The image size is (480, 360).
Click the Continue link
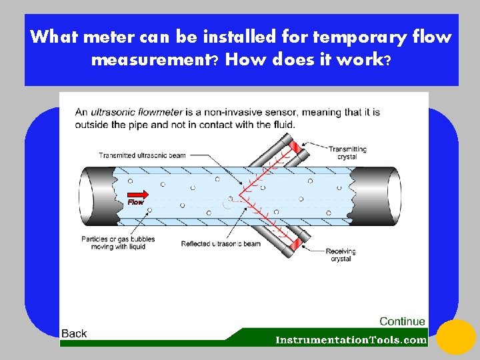point(402,321)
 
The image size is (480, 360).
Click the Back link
point(74,333)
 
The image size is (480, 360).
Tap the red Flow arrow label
point(135,201)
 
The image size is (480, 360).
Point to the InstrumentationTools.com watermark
point(351,340)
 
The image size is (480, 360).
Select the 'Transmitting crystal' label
point(347,153)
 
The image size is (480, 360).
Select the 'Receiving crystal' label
point(341,255)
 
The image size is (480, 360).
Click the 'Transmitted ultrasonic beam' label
point(142,155)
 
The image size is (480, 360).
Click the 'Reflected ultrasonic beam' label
point(221,244)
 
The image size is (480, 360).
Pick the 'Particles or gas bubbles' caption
point(118,243)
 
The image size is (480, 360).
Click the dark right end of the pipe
point(377,197)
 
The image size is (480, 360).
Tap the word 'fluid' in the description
point(281,124)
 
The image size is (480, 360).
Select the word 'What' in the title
point(52,36)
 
